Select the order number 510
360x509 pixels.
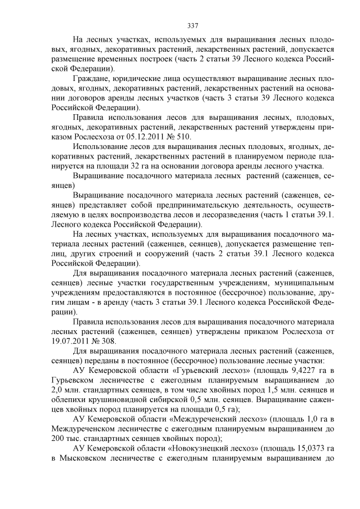pos(184,136)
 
